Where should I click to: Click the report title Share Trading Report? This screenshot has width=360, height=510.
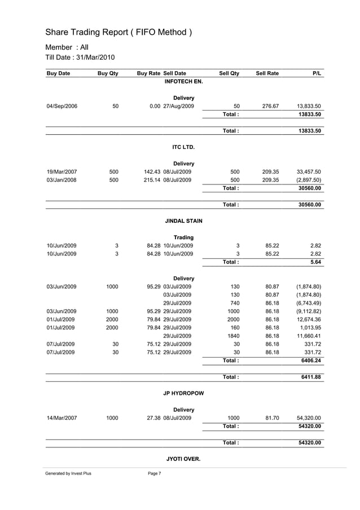(118, 32)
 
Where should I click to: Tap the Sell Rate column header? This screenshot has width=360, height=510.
(267, 73)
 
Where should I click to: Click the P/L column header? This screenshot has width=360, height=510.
(317, 73)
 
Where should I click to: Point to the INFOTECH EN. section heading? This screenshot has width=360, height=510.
(183, 82)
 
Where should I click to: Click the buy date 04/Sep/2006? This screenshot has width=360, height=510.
(62, 106)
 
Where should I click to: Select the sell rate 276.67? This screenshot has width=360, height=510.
(269, 106)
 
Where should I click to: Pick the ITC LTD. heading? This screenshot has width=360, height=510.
(183, 147)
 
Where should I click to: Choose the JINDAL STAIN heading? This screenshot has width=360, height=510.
(183, 221)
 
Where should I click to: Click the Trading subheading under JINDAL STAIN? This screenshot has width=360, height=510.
(184, 238)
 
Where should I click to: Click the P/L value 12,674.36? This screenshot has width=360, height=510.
(309, 319)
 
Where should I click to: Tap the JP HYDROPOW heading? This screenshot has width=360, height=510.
(183, 393)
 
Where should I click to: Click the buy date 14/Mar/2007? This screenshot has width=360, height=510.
(62, 417)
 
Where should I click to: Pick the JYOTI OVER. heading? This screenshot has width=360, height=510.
(183, 459)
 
